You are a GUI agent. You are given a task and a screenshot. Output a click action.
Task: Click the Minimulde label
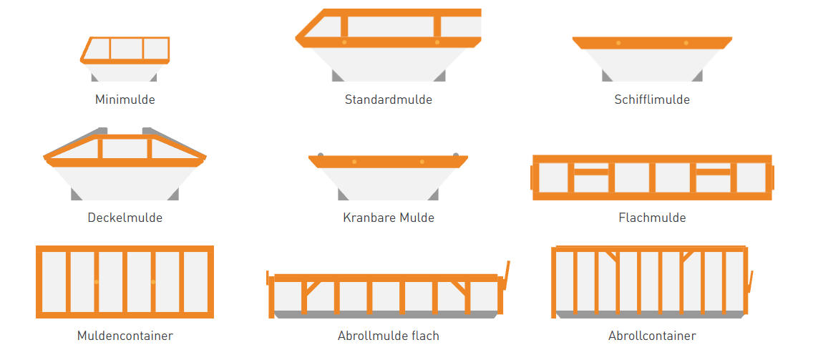click(125, 100)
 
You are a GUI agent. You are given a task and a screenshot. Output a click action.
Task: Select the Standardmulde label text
click(388, 100)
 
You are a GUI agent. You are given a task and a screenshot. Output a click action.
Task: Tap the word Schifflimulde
click(651, 100)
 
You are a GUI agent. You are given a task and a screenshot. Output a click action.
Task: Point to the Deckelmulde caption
click(125, 218)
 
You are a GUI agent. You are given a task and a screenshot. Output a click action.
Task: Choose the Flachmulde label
click(651, 218)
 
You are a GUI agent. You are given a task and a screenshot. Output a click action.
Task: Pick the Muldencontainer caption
click(125, 336)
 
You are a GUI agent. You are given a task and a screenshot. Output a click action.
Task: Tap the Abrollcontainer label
click(651, 336)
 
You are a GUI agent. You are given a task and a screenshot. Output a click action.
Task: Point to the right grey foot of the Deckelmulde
click(173, 195)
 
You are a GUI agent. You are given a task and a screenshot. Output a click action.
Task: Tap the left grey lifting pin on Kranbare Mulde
click(321, 154)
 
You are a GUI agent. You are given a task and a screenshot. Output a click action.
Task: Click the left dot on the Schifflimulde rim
click(618, 43)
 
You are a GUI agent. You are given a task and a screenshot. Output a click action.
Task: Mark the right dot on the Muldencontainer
click(153, 282)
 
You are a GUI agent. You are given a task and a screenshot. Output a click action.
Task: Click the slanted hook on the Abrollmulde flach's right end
click(507, 276)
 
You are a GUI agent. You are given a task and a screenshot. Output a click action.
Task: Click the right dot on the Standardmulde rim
click(437, 42)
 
